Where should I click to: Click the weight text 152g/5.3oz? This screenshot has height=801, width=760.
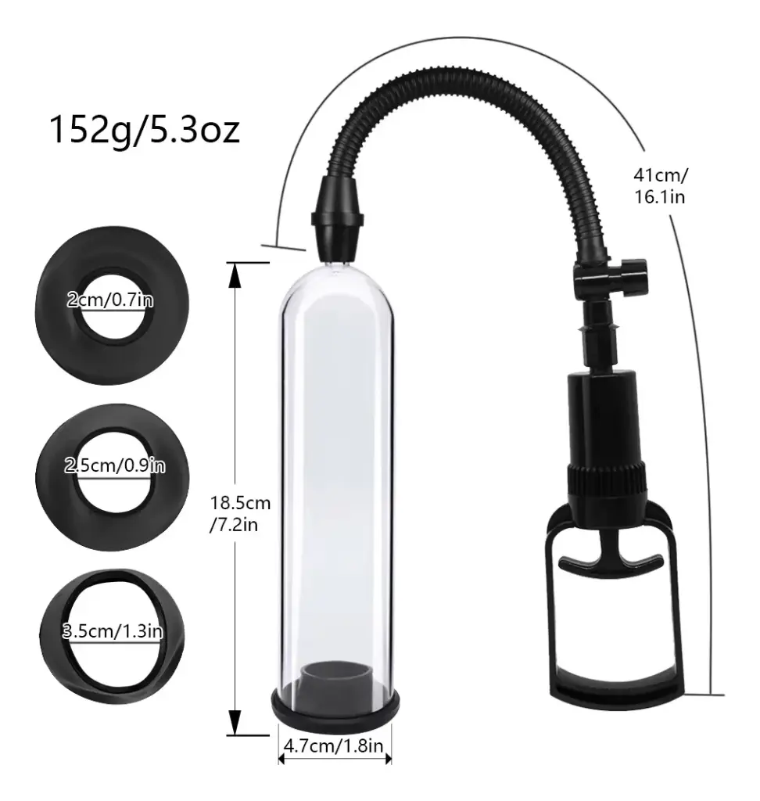(x=144, y=131)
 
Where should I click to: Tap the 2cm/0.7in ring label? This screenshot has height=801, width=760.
(x=110, y=300)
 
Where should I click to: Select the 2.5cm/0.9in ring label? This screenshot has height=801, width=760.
(x=114, y=465)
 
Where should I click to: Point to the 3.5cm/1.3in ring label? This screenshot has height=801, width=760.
(x=113, y=631)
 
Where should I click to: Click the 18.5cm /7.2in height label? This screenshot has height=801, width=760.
(x=239, y=513)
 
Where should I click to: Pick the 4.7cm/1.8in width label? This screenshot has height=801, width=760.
(x=333, y=745)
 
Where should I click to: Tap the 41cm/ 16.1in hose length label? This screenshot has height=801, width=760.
(x=661, y=186)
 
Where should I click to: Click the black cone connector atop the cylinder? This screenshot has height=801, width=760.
(x=338, y=218)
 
